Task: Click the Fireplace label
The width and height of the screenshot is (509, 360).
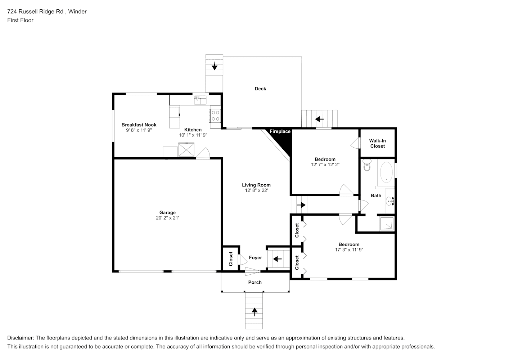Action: coord(280,131)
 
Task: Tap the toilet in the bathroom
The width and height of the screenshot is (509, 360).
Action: coord(367,165)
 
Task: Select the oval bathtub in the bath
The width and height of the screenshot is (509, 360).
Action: coord(386,172)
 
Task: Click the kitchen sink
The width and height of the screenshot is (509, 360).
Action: coord(200,100)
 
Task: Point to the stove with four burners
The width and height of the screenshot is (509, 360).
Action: coord(215,116)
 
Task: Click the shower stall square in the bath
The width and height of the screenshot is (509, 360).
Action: coord(387,224)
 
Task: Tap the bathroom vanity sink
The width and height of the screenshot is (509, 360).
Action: coord(390,201)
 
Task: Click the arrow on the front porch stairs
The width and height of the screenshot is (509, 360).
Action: coord(254,312)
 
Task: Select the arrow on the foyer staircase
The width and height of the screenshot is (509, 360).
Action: coord(278,258)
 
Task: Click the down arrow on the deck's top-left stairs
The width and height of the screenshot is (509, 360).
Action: coord(214,66)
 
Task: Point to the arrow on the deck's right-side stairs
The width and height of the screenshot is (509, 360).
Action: coord(319,119)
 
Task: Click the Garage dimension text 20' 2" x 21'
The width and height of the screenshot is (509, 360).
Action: coord(167,218)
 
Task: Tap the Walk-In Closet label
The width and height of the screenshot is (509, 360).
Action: coord(378,143)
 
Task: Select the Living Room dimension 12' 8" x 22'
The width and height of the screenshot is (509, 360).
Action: coord(256,190)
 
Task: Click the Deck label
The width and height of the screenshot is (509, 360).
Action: coord(260,89)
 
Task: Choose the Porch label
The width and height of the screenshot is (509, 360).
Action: coord(255,282)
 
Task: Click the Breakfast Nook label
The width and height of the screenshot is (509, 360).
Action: coord(139,125)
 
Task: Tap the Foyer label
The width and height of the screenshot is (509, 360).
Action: coord(256,257)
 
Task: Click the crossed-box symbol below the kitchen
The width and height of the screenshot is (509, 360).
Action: coord(186,149)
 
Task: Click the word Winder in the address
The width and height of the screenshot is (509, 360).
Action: coord(77,12)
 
